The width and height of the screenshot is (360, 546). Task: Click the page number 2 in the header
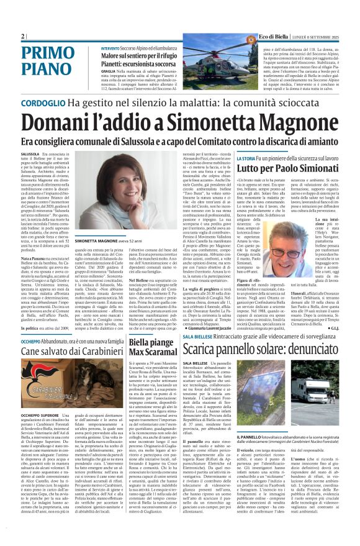[x=22, y=36]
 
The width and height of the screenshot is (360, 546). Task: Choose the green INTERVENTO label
[x=110, y=48]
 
